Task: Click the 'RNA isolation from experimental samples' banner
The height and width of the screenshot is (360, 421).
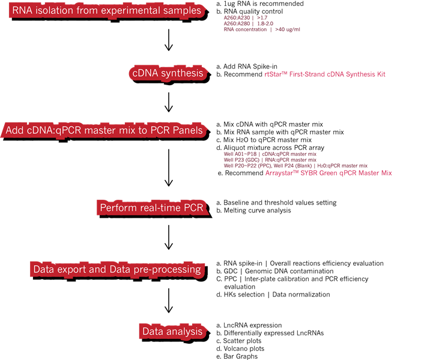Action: (x=107, y=11)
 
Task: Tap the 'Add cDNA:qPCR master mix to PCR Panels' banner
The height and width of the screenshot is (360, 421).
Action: (x=104, y=130)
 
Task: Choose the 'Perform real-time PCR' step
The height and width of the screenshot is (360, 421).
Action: (x=152, y=208)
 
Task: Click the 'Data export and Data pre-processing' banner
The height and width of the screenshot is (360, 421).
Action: (x=117, y=269)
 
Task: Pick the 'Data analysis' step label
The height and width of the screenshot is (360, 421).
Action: (x=172, y=331)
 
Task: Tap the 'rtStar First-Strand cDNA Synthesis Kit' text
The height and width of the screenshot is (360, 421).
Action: (x=325, y=74)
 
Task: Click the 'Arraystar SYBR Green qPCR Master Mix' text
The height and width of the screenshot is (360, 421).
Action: (x=329, y=173)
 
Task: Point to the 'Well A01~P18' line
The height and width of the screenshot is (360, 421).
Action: (x=270, y=154)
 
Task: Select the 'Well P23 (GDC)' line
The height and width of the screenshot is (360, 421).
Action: (x=270, y=160)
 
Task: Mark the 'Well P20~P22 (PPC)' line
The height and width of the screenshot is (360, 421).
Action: (x=295, y=166)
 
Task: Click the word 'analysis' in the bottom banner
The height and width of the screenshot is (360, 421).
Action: (x=184, y=331)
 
